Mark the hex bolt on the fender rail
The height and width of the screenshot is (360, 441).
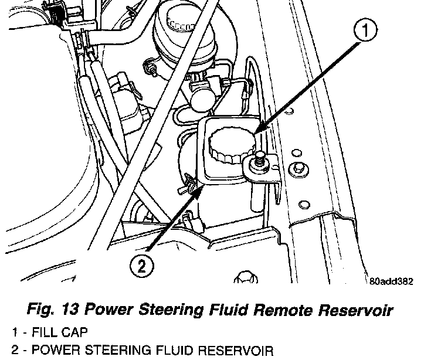[x=300, y=168]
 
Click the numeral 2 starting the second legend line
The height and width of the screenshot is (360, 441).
[x=6, y=351]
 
